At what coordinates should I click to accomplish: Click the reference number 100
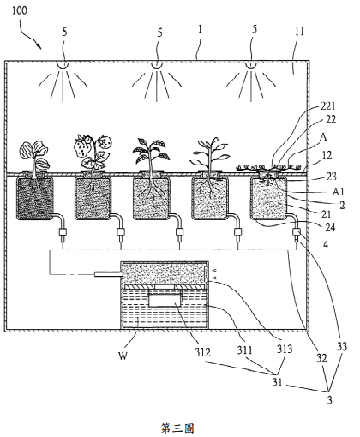point(20,10)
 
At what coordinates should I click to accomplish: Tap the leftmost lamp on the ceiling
point(63,65)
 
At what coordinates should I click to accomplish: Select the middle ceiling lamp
point(156,65)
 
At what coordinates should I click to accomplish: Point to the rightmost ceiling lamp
point(251,65)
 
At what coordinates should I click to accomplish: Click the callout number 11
point(299,32)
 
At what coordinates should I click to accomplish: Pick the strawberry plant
point(92,153)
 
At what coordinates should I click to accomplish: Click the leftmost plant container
point(35,198)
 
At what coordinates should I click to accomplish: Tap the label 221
point(327,106)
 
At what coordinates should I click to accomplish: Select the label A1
point(339,191)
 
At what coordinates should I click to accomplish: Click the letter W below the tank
point(123,356)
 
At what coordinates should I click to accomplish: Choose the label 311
point(245,350)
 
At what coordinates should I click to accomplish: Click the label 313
point(285,349)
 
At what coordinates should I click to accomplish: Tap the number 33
point(342,346)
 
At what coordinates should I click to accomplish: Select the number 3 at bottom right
point(330,400)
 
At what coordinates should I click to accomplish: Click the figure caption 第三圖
point(177,428)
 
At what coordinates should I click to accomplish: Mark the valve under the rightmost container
point(296,232)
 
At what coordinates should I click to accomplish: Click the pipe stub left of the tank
point(109,274)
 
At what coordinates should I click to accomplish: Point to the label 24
point(330,227)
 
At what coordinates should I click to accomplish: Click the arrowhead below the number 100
point(39,45)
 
